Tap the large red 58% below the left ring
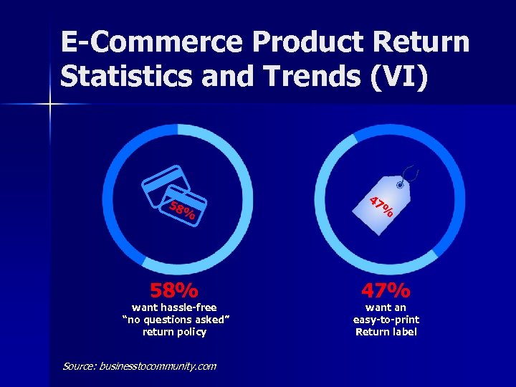click(x=174, y=290)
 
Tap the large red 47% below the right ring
click(x=386, y=290)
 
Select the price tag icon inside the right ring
click(x=387, y=204)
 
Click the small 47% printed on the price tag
click(x=382, y=206)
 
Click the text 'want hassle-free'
click(x=174, y=307)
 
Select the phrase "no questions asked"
click(x=174, y=320)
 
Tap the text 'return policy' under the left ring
click(x=174, y=332)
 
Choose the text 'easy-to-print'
click(x=386, y=320)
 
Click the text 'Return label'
click(x=386, y=332)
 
